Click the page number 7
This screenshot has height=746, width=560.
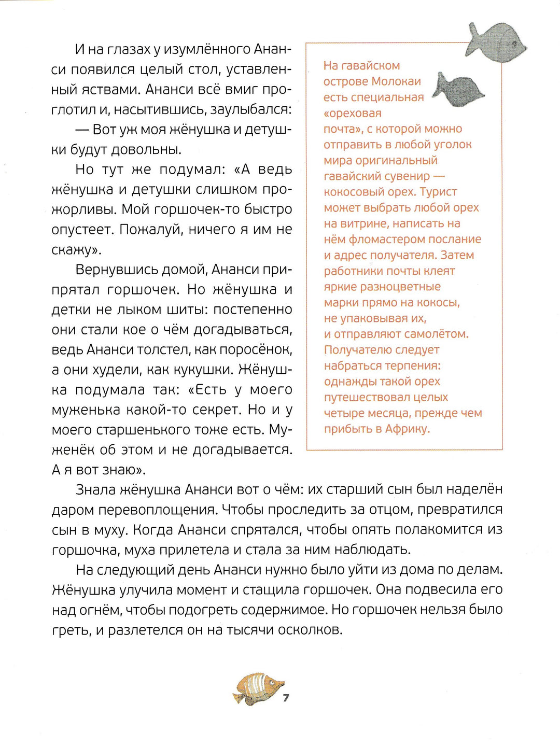click(286, 698)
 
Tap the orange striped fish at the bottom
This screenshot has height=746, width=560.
click(258, 689)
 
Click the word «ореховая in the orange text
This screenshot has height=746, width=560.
click(352, 113)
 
